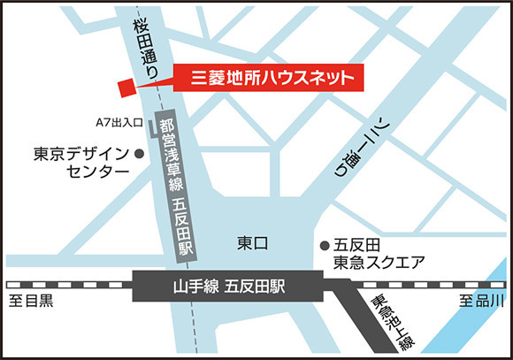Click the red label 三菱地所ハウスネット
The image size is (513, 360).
[x=266, y=78]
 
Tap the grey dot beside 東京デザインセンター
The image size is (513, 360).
[x=139, y=153]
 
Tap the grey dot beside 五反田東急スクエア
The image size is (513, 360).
[x=323, y=243]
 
